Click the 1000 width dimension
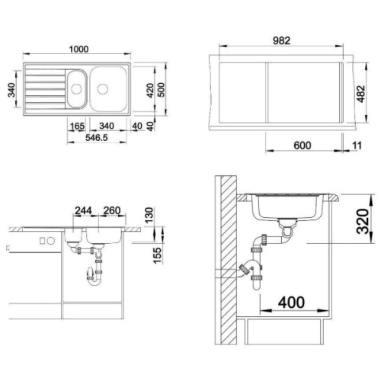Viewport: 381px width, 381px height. (x=79, y=49)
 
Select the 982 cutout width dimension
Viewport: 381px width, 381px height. (x=281, y=40)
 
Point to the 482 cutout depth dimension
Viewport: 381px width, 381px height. (x=361, y=94)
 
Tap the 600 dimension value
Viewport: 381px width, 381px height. (x=303, y=146)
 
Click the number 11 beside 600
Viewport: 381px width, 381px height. (x=357, y=146)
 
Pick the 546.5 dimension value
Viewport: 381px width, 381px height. (x=97, y=138)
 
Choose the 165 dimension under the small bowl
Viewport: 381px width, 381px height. (x=77, y=126)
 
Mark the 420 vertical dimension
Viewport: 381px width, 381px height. (x=150, y=91)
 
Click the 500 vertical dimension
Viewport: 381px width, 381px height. (x=161, y=90)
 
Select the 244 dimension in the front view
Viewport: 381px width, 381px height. (x=83, y=210)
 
